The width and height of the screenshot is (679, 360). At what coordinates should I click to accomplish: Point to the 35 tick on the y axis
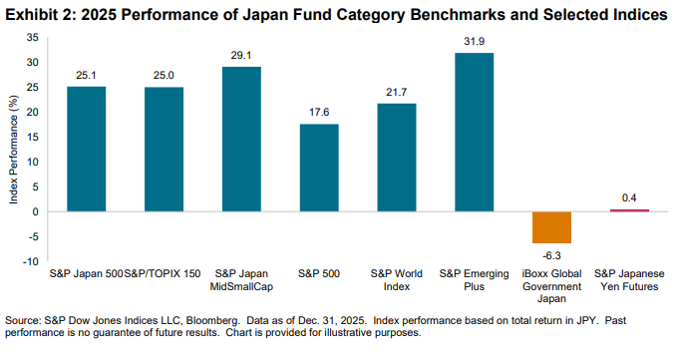click(33, 37)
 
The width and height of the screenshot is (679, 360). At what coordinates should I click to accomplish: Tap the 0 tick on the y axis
click(36, 211)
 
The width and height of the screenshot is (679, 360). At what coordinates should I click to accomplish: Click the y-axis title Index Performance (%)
click(14, 150)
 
